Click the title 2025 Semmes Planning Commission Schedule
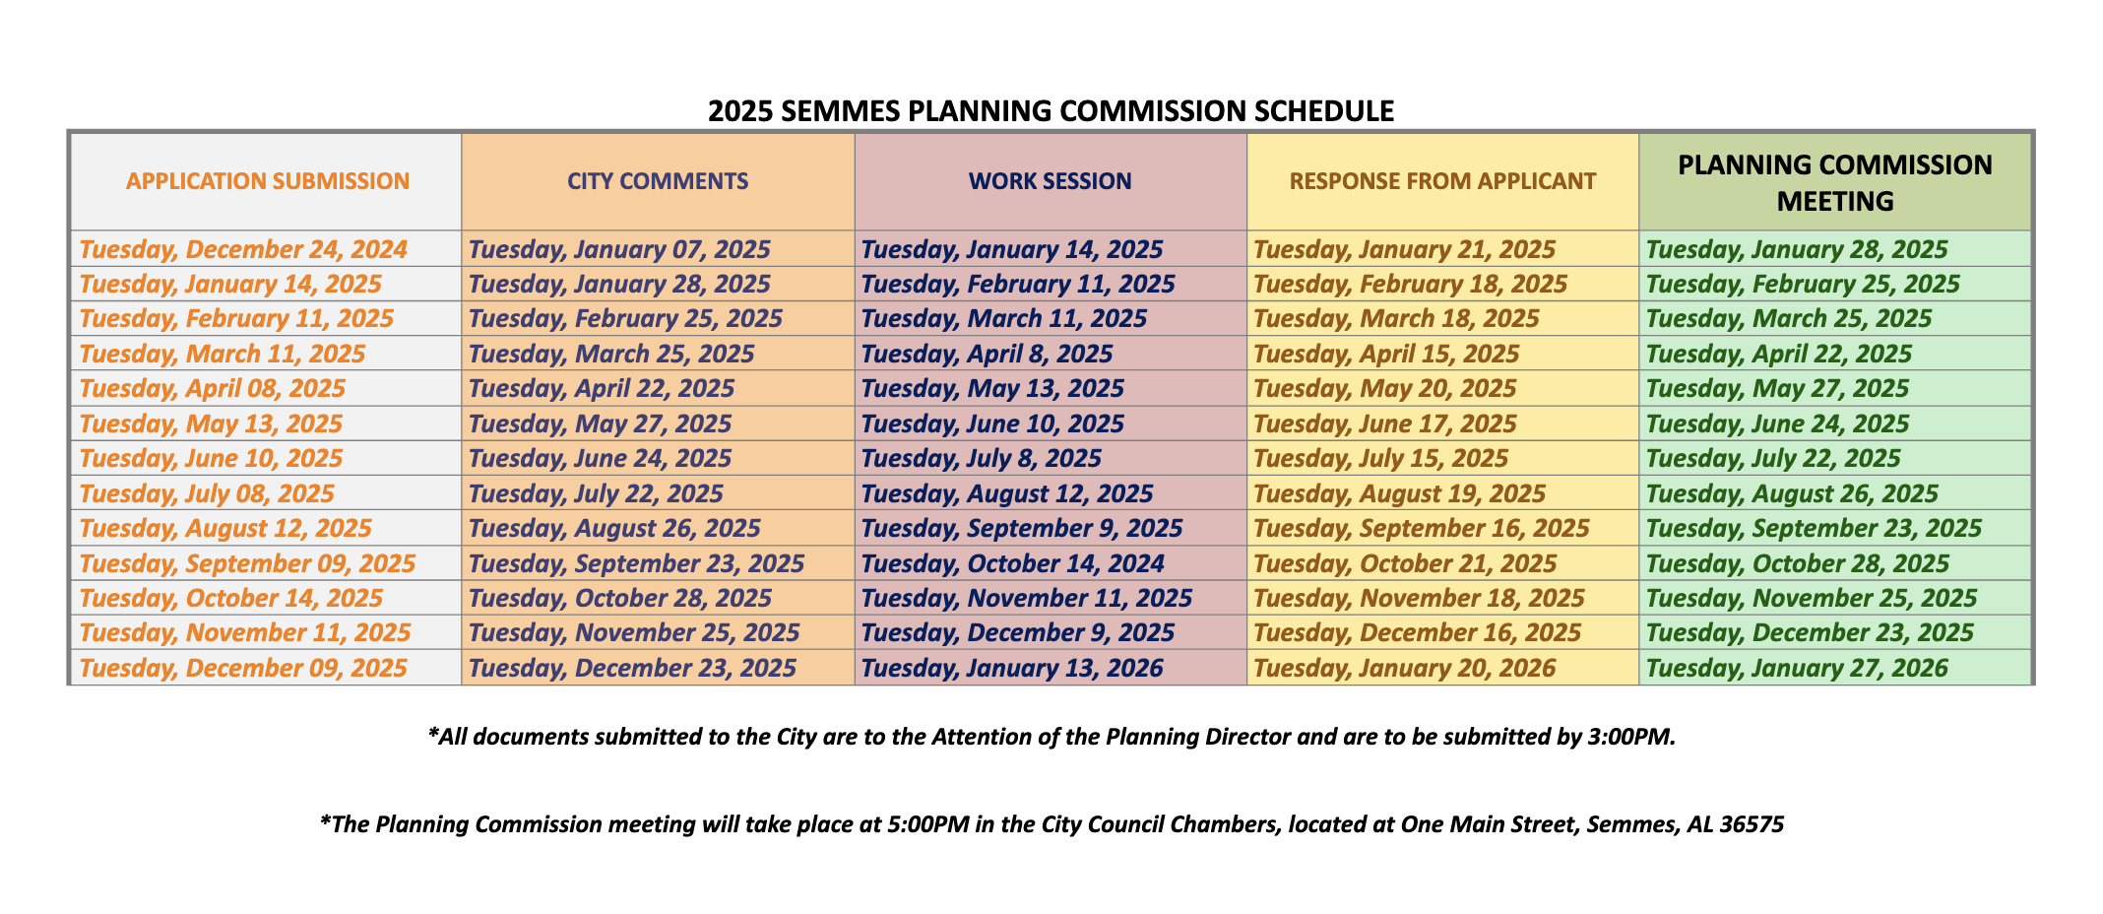click(1051, 110)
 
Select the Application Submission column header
click(268, 181)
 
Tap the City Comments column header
click(658, 181)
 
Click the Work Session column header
click(1050, 181)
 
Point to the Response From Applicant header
click(1442, 181)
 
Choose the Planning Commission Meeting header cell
click(1835, 182)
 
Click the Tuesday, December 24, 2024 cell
click(243, 249)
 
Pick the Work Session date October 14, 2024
click(1012, 563)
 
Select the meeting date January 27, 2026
click(1797, 668)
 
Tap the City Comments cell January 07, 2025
click(619, 249)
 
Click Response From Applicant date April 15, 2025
click(1386, 354)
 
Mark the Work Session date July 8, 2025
click(981, 458)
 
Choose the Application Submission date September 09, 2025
click(247, 563)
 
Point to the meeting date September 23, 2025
click(1814, 528)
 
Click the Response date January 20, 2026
click(1404, 668)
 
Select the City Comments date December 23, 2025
click(632, 668)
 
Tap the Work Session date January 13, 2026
click(1012, 668)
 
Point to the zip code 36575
click(1752, 824)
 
